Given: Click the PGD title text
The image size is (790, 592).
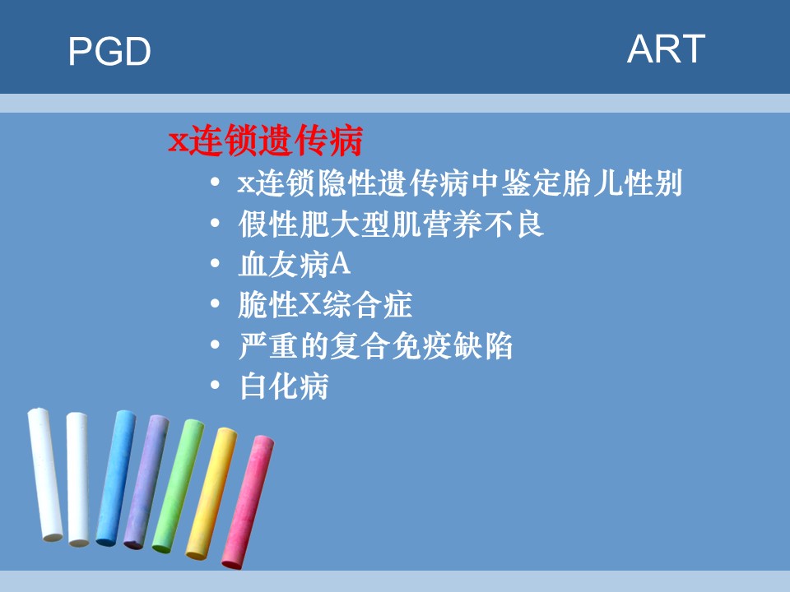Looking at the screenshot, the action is click(x=109, y=51).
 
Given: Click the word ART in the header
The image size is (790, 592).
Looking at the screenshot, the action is click(x=666, y=49).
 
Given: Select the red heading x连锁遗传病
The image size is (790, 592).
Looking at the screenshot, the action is click(x=266, y=141).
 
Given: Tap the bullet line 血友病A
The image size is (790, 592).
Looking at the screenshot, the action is click(x=295, y=264).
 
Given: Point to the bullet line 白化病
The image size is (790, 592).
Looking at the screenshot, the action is click(x=284, y=386).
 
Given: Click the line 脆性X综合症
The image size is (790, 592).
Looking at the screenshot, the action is click(x=325, y=304).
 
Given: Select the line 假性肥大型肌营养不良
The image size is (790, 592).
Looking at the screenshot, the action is click(x=391, y=224).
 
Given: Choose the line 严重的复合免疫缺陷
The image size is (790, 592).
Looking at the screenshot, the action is click(x=376, y=346).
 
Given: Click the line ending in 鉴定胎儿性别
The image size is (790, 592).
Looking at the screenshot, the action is click(x=460, y=183).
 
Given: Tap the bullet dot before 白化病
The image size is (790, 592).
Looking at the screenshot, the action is click(x=215, y=386).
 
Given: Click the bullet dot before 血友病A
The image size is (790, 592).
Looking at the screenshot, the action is click(x=215, y=263).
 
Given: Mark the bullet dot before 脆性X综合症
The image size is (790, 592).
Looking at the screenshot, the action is click(x=215, y=303).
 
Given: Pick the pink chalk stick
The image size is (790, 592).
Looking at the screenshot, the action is click(x=248, y=502).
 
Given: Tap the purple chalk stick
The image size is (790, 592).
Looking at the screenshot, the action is click(x=146, y=482).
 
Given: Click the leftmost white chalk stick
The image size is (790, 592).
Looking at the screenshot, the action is click(x=44, y=474).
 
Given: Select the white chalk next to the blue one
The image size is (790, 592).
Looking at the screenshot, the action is click(x=78, y=479).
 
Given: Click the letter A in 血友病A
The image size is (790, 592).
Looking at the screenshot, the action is click(x=340, y=264).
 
